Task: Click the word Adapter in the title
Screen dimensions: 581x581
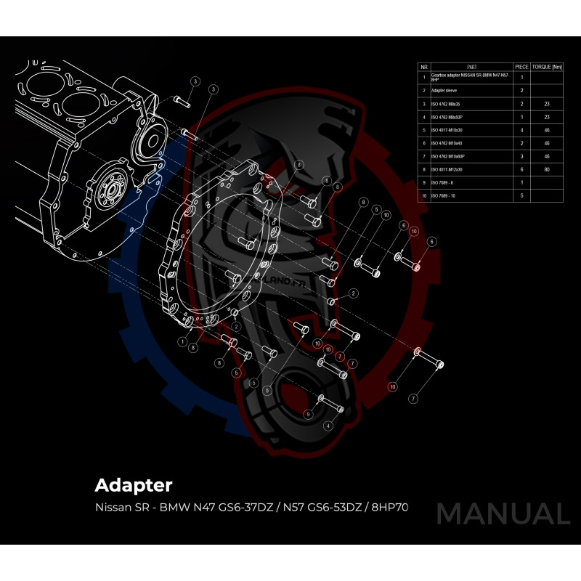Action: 134,484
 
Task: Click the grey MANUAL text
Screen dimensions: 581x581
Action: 503,514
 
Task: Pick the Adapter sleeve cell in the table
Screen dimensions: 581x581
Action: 444,91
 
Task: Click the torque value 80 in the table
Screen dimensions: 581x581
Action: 546,169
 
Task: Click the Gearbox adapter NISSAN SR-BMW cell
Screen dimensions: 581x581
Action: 468,76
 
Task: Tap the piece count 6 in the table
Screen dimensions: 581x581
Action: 521,169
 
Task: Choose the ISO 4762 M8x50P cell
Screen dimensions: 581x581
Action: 448,117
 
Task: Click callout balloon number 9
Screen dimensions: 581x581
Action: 308,414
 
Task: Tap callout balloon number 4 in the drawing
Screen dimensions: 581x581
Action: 328,426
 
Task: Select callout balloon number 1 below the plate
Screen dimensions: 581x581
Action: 182,341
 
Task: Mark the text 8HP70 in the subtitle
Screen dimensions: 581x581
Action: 390,507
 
